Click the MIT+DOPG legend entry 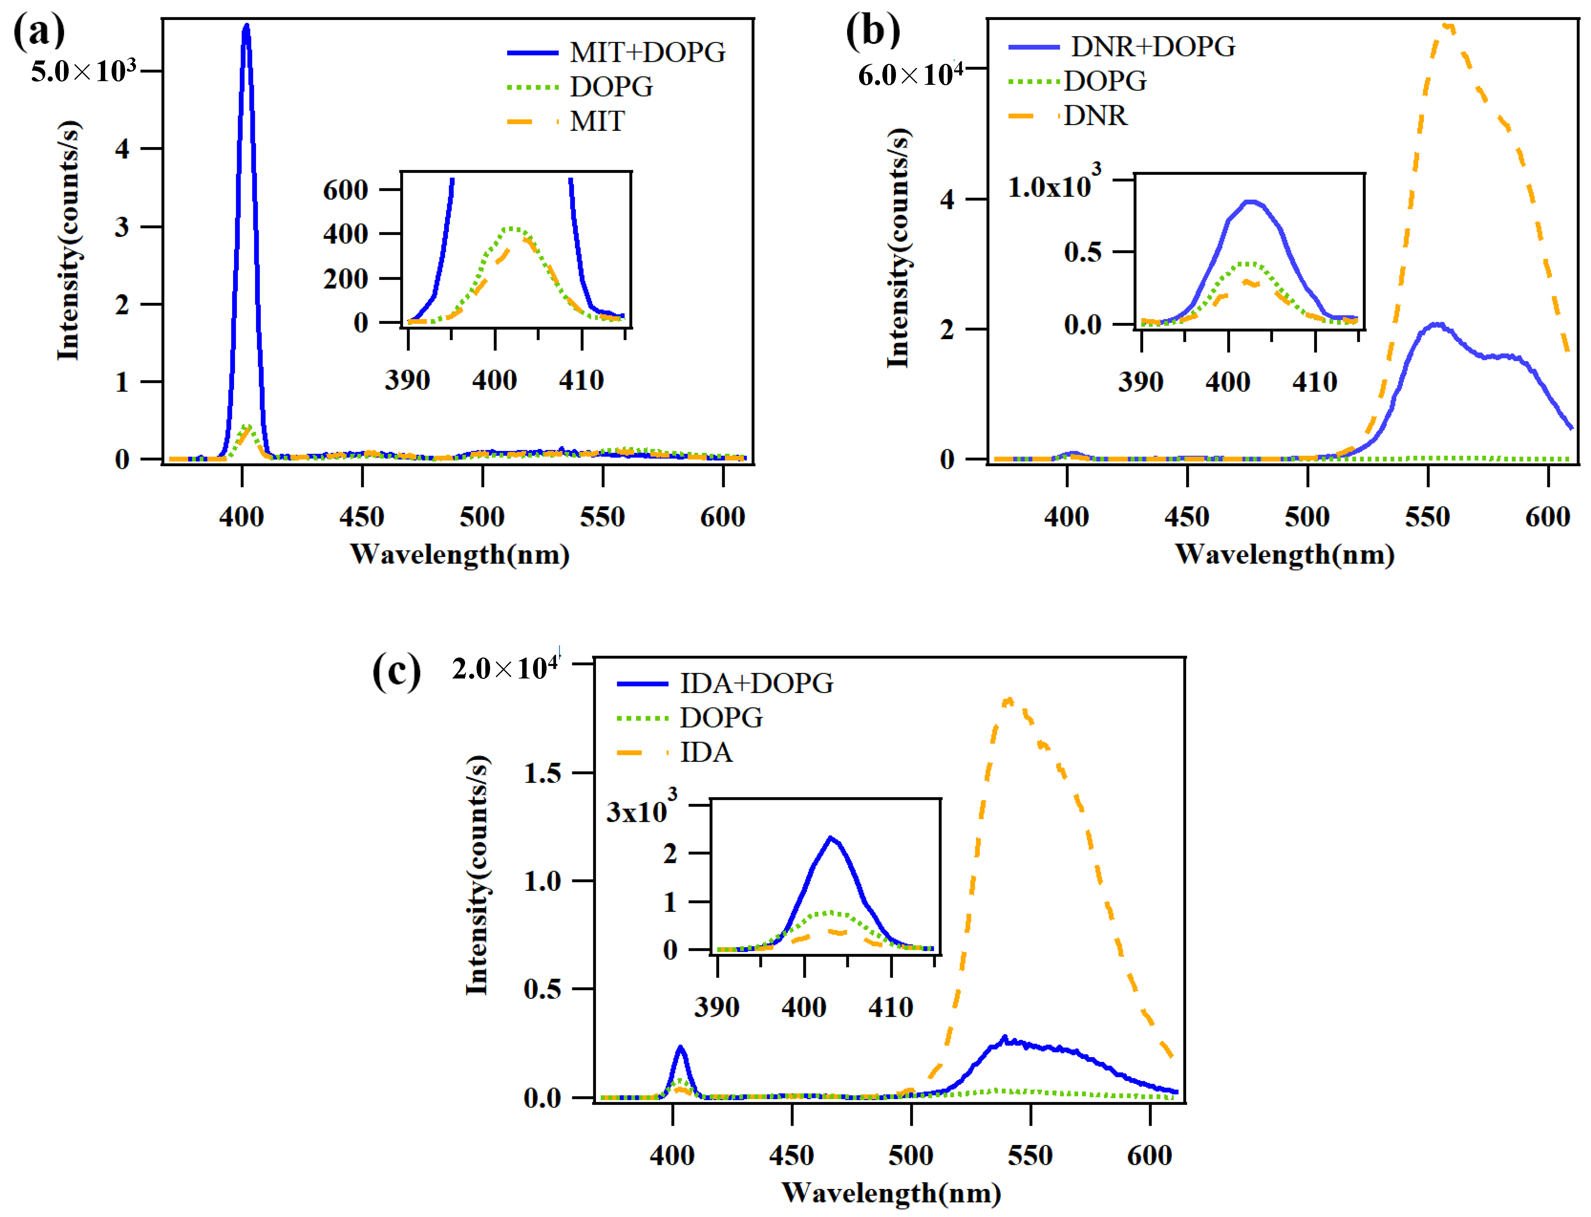tap(616, 52)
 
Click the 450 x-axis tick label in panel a tap(362, 517)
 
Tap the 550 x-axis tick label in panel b tap(1427, 517)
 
